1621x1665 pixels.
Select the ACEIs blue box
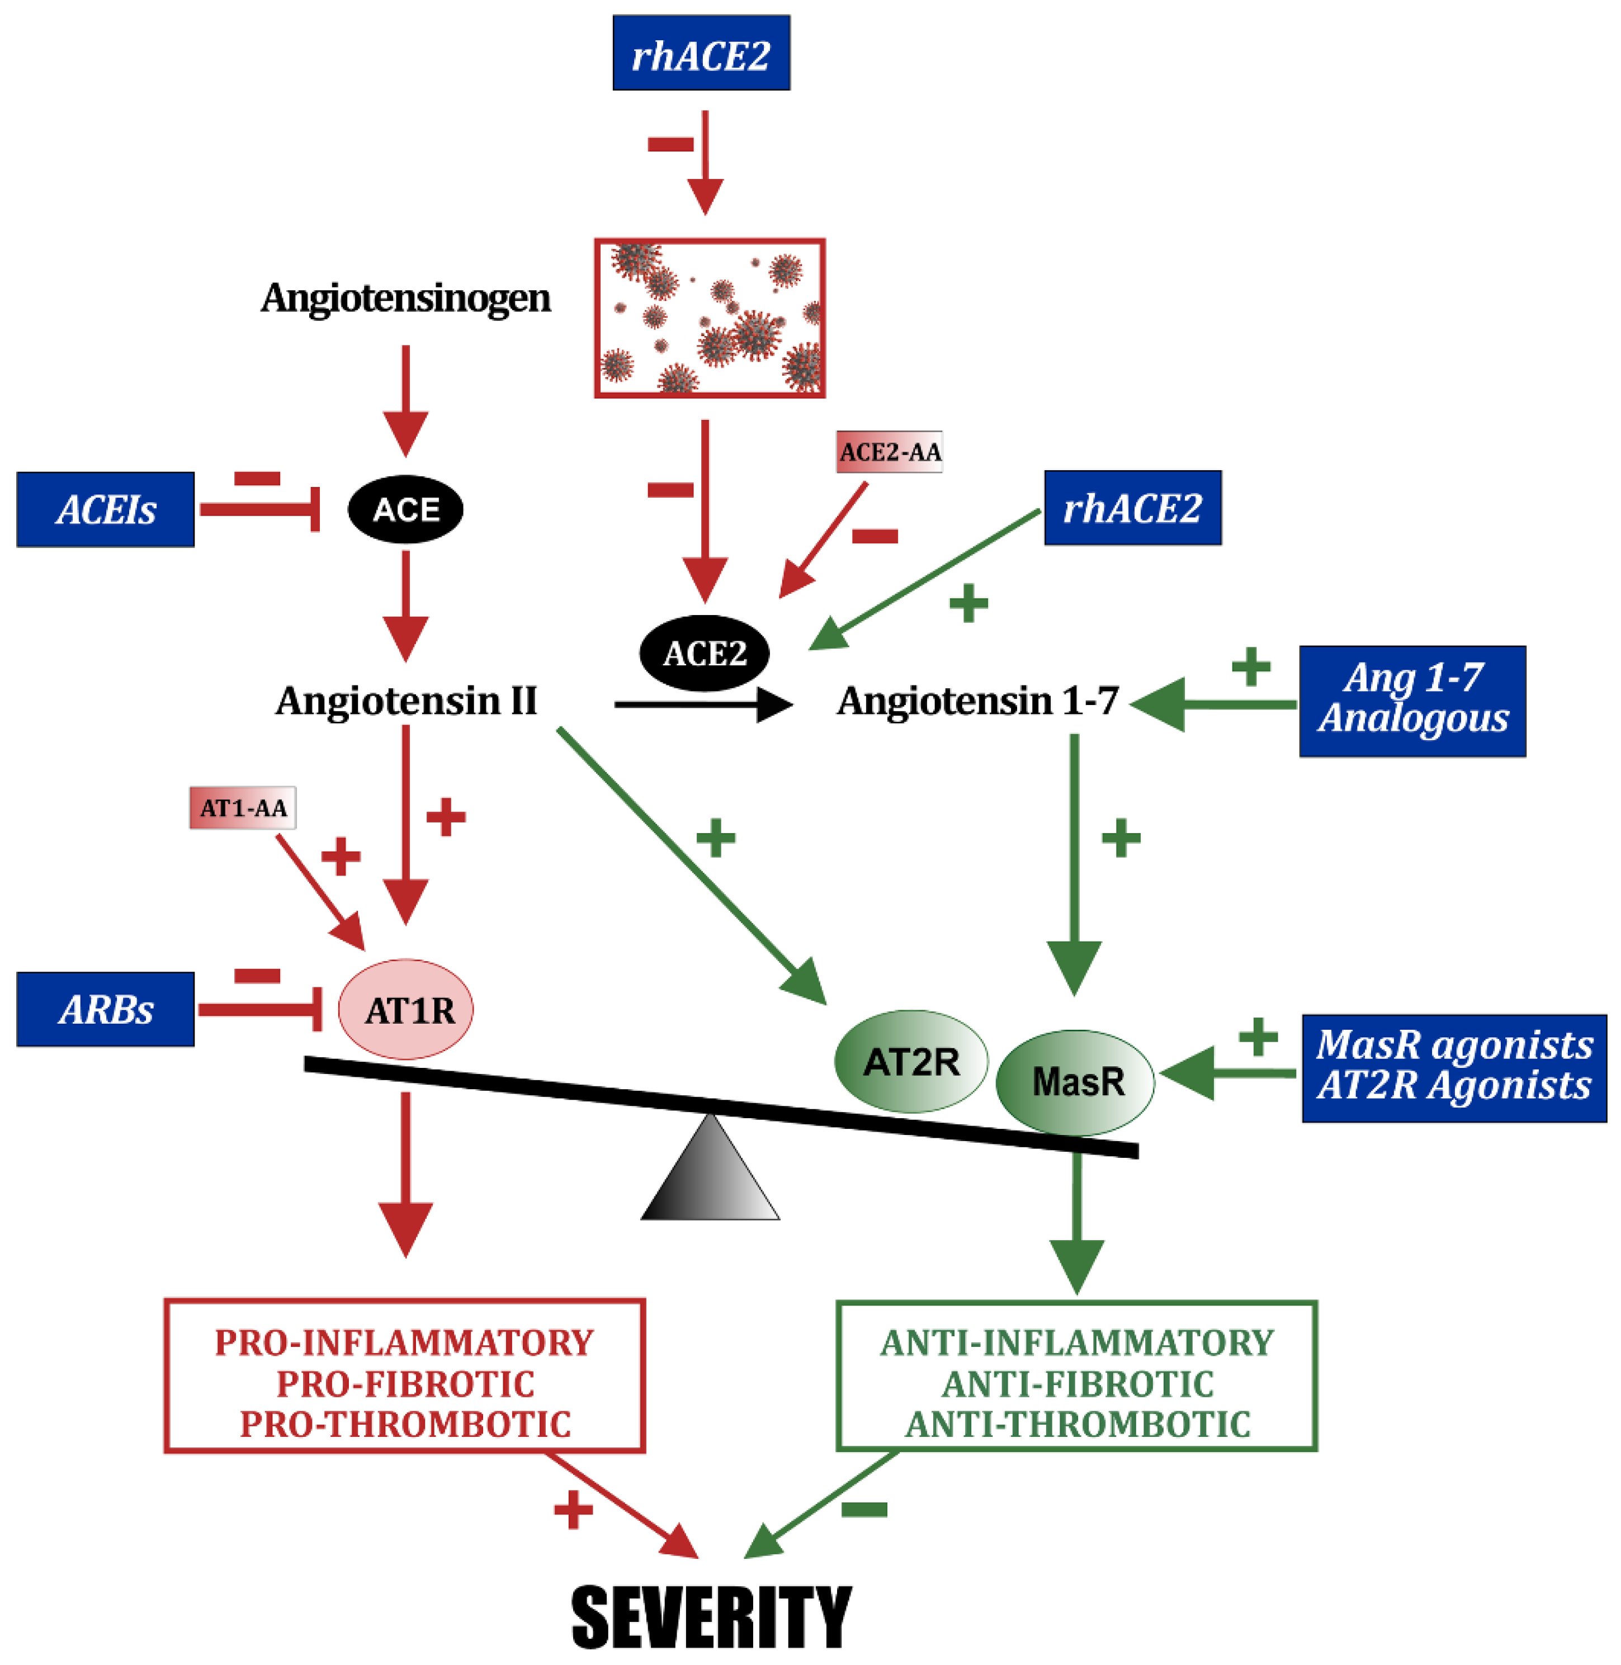[106, 509]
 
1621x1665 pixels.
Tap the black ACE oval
[405, 509]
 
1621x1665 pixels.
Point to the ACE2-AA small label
[889, 451]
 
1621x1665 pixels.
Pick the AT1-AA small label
[243, 807]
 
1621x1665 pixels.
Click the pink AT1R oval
[406, 1010]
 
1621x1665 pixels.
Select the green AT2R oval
[910, 1062]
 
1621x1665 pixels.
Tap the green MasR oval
[1075, 1082]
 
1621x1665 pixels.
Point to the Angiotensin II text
[406, 701]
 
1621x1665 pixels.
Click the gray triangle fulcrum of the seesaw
[710, 1179]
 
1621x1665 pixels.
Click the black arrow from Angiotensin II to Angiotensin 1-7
[702, 704]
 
